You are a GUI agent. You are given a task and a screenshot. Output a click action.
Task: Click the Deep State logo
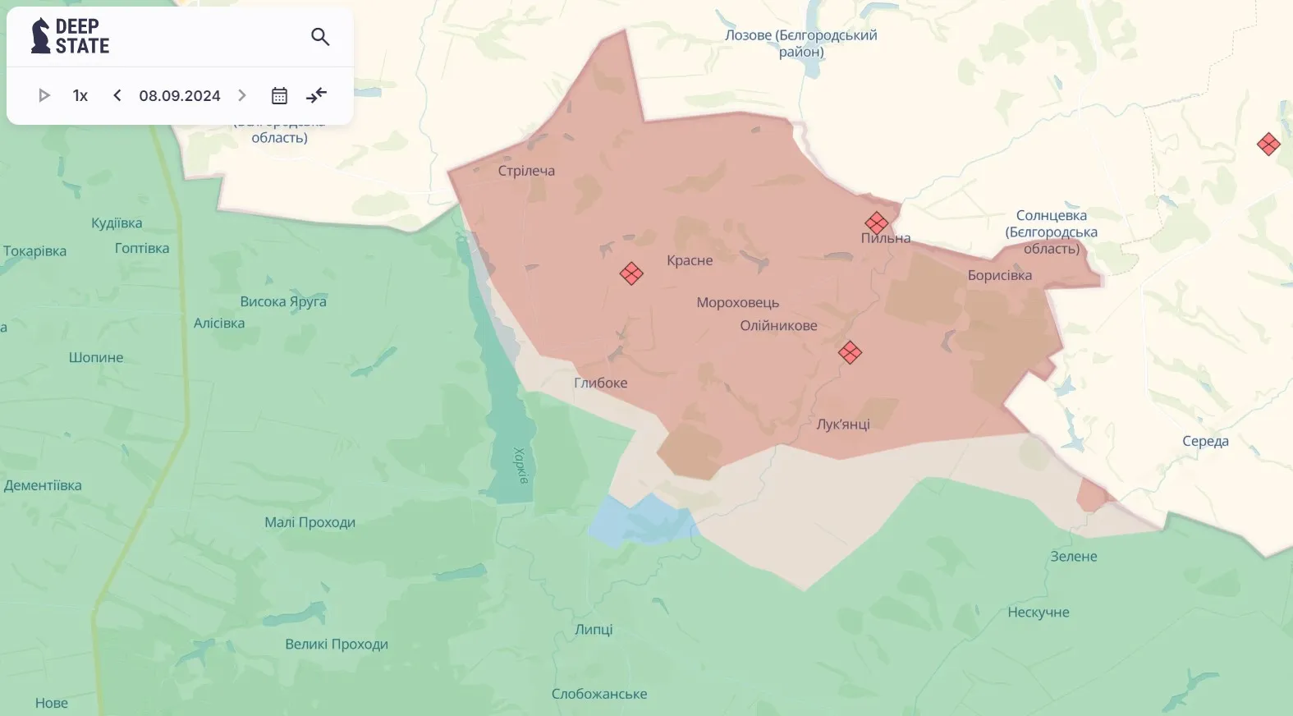tap(70, 36)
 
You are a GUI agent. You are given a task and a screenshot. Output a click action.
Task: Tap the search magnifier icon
tap(320, 36)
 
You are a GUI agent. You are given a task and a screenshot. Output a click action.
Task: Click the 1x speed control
tap(80, 95)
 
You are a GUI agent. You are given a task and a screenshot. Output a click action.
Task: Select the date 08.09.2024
tap(180, 95)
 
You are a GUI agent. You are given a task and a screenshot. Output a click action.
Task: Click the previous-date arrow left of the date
tap(117, 95)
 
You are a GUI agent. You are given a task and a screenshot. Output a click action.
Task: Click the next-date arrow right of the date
tap(242, 95)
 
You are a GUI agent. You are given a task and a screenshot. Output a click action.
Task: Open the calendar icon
tap(279, 95)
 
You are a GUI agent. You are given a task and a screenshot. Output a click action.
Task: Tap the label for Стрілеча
tap(526, 171)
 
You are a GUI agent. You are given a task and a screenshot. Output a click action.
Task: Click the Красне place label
tap(690, 260)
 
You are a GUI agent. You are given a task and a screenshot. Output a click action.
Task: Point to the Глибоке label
tap(601, 383)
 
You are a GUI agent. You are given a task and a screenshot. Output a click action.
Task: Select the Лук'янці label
tap(843, 424)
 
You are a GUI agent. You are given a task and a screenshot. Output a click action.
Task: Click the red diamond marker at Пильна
tap(876, 223)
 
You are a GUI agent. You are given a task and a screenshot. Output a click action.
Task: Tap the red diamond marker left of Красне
tap(631, 273)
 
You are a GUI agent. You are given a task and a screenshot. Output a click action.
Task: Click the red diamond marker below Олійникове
tap(850, 353)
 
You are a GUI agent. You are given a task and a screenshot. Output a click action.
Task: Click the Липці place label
tap(594, 629)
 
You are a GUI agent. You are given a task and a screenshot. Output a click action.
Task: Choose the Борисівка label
tap(999, 275)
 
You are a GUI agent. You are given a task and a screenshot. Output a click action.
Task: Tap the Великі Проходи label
tap(337, 644)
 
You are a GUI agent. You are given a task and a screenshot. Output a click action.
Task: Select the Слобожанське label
tap(599, 694)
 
